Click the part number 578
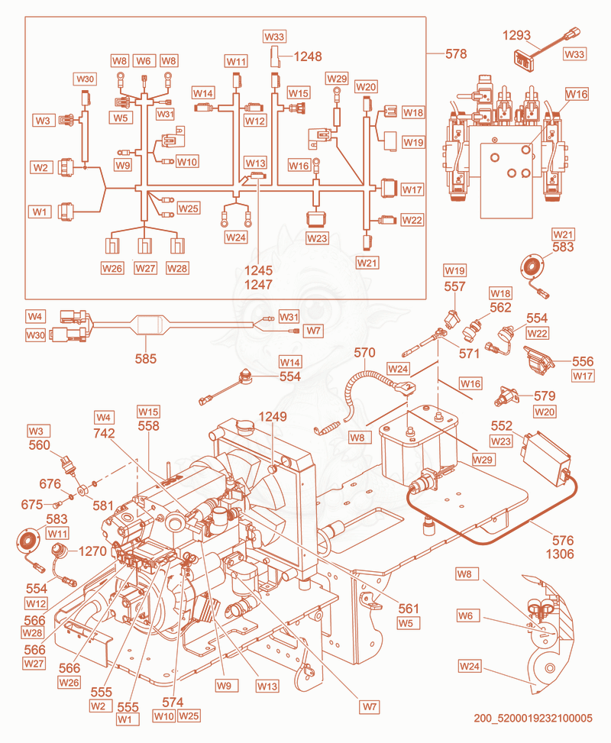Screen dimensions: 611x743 coord(456,54)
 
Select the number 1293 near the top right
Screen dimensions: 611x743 coord(516,35)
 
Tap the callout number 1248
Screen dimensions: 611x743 coord(308,57)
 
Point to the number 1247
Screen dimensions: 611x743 coord(258,284)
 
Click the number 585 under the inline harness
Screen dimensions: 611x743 coord(146,359)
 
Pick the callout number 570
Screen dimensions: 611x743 coord(364,353)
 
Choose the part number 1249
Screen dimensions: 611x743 coord(273,416)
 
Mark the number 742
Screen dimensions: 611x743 coord(105,433)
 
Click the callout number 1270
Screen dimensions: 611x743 coord(92,551)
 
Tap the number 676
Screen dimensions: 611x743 coord(50,484)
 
